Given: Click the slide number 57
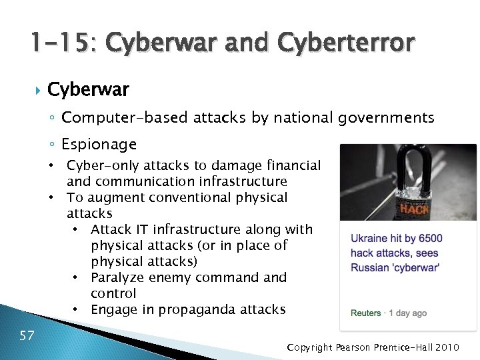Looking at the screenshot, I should [x=27, y=335].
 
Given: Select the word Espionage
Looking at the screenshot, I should [x=99, y=144].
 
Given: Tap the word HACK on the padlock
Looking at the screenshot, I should [x=414, y=209].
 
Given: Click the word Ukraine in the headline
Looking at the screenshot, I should [x=370, y=238].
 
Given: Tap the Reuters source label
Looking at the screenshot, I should [x=366, y=313].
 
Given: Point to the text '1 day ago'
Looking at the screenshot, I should [x=408, y=313].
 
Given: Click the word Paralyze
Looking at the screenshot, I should [x=117, y=277].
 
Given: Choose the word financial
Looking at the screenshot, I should [x=293, y=165].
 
